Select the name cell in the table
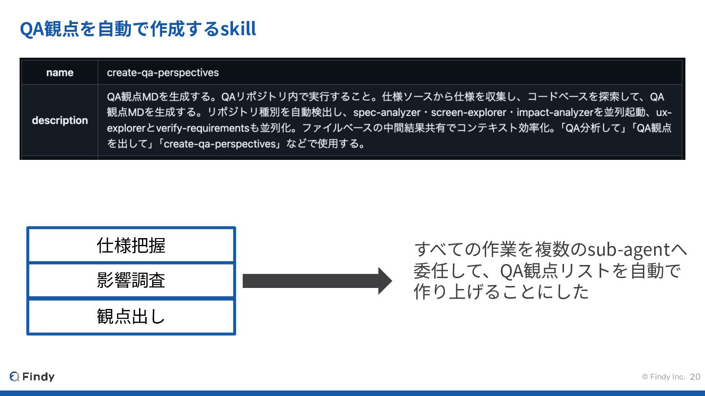click(x=60, y=73)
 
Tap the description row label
click(x=60, y=120)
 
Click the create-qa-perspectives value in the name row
click(x=163, y=73)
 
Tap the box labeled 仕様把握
click(x=131, y=245)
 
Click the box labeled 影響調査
click(x=131, y=281)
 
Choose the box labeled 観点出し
click(x=131, y=316)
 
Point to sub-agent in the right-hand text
click(x=629, y=249)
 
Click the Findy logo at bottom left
click(x=32, y=376)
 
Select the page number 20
click(x=695, y=377)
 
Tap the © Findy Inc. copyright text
click(x=663, y=377)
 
